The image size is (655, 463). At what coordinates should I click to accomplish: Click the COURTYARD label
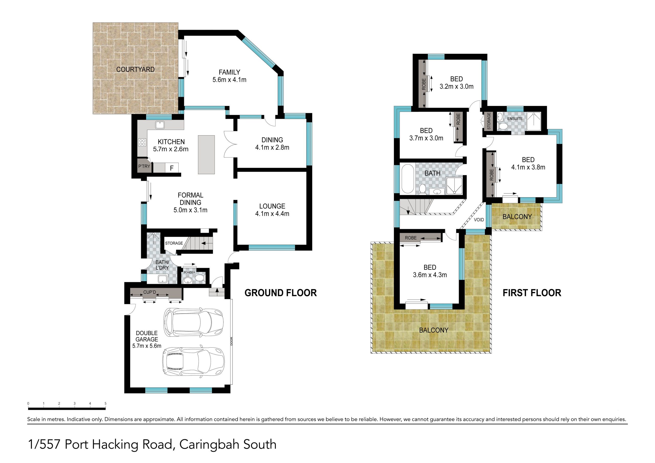(x=135, y=69)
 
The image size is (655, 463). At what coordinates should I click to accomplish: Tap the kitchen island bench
(x=206, y=155)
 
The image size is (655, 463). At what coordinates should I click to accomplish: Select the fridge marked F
(x=172, y=168)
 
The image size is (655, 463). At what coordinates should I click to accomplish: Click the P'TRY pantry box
(x=144, y=166)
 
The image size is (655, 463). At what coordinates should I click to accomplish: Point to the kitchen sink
(x=159, y=125)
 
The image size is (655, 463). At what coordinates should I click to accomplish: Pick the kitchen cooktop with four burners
(x=142, y=142)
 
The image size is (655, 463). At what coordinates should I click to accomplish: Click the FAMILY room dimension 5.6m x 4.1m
(x=229, y=80)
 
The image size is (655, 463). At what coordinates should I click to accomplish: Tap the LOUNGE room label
(x=272, y=206)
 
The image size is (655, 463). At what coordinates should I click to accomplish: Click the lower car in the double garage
(x=193, y=361)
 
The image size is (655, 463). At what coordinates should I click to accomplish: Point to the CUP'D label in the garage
(x=150, y=292)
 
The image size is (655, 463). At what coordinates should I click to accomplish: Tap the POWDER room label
(x=189, y=272)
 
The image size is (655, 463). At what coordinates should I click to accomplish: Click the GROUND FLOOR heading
(x=281, y=293)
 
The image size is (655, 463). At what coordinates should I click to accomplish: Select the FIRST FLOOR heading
(x=532, y=293)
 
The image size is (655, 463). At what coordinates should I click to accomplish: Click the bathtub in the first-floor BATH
(x=407, y=179)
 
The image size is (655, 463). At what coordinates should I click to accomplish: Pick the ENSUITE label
(x=515, y=119)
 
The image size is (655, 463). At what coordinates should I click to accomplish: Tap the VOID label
(x=479, y=220)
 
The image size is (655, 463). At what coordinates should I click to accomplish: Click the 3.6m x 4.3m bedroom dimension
(x=430, y=275)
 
